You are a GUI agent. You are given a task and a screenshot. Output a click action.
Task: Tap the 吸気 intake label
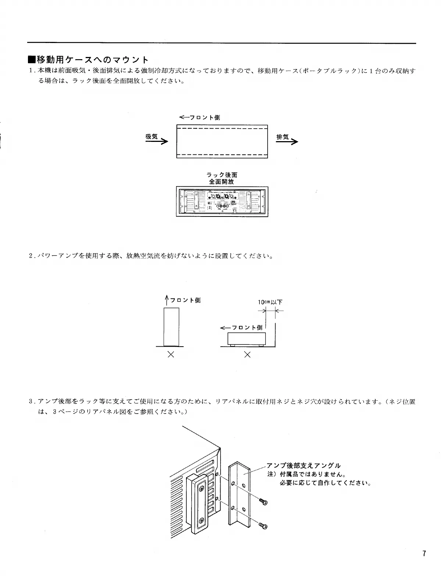coord(151,136)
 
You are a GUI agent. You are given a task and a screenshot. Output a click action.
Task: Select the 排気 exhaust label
coord(282,137)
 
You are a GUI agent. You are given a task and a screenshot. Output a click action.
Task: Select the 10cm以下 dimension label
coord(270,302)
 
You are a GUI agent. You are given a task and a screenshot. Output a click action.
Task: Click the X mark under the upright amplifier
coord(171,355)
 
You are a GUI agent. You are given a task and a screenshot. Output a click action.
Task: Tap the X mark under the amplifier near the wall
coord(247,355)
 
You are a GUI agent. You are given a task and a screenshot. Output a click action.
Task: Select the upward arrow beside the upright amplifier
coord(167,301)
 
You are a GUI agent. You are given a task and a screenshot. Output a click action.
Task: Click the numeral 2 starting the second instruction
coord(31,255)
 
